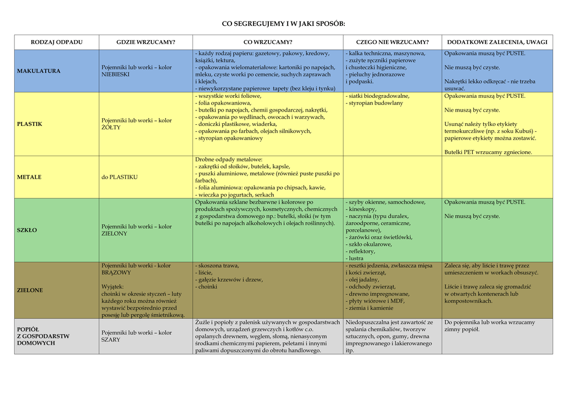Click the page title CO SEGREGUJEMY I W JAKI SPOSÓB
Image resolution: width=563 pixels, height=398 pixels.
[x=283, y=24]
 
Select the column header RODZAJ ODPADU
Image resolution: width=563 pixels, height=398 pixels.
[x=57, y=42]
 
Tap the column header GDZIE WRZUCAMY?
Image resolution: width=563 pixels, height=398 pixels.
[x=146, y=42]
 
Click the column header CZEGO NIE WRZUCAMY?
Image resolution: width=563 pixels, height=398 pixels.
[x=392, y=42]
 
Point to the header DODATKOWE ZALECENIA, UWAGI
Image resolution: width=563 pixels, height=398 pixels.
[x=497, y=42]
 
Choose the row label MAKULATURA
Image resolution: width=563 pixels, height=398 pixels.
[x=39, y=71]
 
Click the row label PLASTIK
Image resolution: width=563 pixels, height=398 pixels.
[x=30, y=124]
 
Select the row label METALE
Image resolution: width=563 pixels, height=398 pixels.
[x=29, y=177]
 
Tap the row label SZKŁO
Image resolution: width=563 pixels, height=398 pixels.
[x=27, y=230]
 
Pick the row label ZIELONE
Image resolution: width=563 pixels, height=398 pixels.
[x=30, y=290]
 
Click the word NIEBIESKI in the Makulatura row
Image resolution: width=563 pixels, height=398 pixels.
[x=116, y=75]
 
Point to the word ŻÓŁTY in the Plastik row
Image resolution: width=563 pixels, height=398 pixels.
[x=111, y=128]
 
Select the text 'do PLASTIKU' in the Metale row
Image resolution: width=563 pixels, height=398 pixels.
[x=119, y=177]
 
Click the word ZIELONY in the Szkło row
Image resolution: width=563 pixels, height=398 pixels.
[x=114, y=234]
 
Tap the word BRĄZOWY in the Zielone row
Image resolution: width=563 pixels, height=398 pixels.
[x=116, y=273]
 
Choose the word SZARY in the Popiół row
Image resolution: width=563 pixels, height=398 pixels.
[x=111, y=340]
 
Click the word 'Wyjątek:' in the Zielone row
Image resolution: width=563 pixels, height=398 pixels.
[x=113, y=286]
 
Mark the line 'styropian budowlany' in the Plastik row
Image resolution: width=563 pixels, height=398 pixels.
[x=376, y=103]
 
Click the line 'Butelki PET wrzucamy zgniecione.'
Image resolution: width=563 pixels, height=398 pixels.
[x=488, y=152]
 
